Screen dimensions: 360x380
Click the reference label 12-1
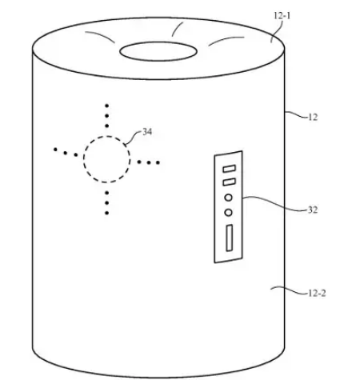click(282, 16)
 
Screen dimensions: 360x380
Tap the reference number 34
click(147, 131)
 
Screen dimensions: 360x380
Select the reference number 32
click(313, 210)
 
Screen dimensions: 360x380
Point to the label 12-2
click(317, 294)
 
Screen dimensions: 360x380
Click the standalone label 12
click(313, 117)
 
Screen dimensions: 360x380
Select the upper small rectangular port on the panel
click(230, 169)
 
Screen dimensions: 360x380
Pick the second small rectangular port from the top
click(230, 182)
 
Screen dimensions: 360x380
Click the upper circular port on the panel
click(228, 198)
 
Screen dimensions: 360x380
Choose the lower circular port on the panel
click(228, 213)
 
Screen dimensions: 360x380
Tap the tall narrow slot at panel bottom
click(229, 238)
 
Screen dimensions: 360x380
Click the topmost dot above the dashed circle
click(106, 106)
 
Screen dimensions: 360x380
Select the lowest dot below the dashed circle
click(106, 213)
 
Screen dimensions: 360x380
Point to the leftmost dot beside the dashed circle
click(55, 150)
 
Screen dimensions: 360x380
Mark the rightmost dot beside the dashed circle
click(158, 162)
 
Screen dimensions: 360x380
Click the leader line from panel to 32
click(274, 202)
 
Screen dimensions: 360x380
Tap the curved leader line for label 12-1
click(278, 30)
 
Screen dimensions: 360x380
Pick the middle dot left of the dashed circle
click(66, 153)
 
